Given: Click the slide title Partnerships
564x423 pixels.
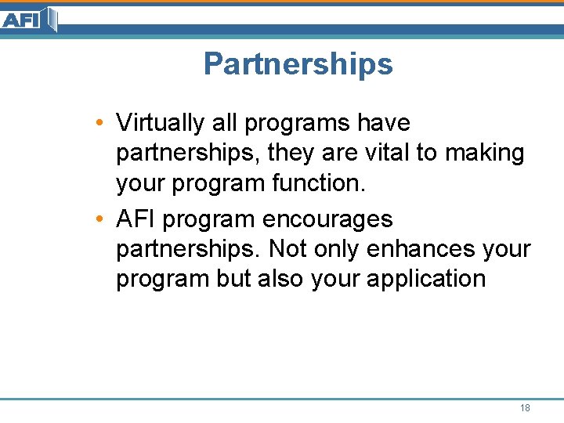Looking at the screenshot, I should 298,64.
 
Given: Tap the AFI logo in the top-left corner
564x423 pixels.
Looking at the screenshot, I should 29,19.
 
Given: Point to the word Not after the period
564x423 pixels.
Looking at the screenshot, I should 287,249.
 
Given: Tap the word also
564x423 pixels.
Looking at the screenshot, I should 278,279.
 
